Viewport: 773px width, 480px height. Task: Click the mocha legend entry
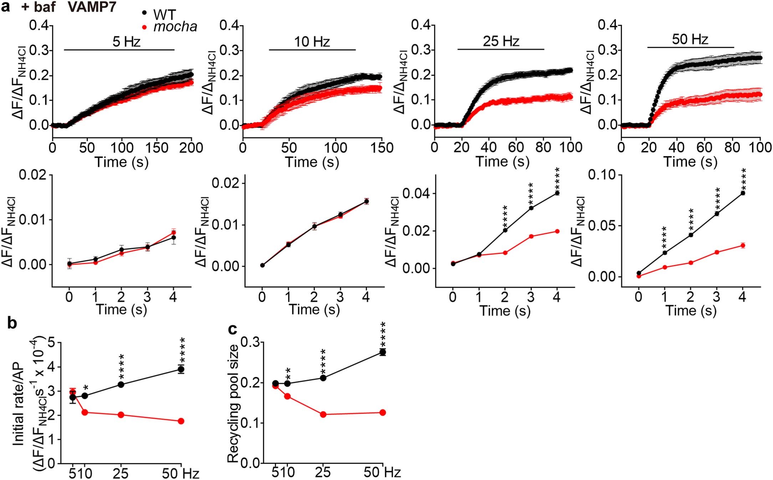(x=170, y=27)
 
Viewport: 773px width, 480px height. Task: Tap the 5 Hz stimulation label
(x=126, y=42)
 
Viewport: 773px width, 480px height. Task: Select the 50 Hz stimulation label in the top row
(x=690, y=39)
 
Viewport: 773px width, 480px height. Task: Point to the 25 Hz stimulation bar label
(x=501, y=41)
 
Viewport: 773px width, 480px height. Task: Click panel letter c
(x=232, y=329)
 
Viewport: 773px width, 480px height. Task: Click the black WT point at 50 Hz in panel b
(x=181, y=369)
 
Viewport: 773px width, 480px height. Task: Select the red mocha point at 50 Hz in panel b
(x=181, y=421)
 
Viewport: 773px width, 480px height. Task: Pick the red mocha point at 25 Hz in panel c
(x=323, y=414)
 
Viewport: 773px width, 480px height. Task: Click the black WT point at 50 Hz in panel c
(x=383, y=352)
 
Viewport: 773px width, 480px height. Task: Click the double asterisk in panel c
(x=288, y=373)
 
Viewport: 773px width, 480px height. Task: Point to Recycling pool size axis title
(x=233, y=403)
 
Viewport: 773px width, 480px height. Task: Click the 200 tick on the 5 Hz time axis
(x=191, y=147)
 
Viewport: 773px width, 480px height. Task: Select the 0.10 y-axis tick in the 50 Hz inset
(x=601, y=175)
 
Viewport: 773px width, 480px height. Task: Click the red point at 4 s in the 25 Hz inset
(x=557, y=231)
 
